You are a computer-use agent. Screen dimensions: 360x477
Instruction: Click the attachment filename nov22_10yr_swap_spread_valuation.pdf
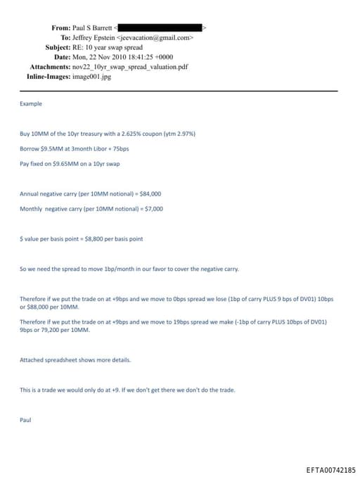click(134, 66)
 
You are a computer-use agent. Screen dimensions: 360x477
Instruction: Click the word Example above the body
click(31, 103)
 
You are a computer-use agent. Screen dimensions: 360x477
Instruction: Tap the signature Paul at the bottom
click(26, 420)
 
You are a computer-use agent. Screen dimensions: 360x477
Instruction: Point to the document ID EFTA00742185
click(331, 469)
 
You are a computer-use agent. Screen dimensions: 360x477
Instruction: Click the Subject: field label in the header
click(57, 47)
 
